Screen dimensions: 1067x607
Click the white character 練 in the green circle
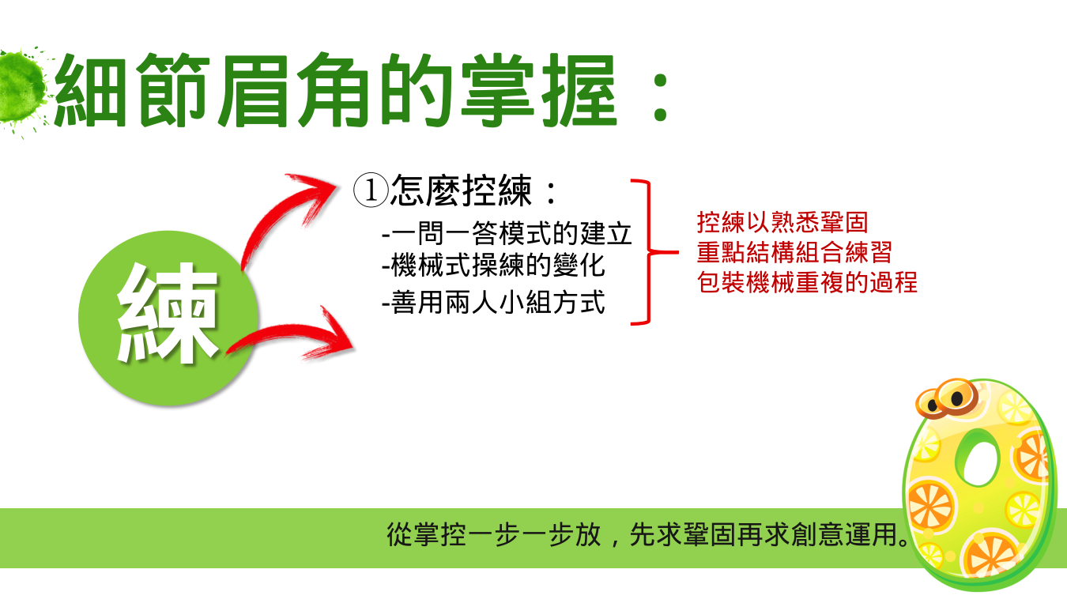167,312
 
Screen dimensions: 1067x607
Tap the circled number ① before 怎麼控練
371,190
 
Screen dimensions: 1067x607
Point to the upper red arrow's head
315,195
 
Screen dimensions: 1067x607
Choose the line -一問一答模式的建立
507,233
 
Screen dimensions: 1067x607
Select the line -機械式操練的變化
493,266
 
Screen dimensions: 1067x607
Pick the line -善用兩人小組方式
493,302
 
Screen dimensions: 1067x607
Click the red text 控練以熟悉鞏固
782,222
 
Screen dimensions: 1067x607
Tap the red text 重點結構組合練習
794,252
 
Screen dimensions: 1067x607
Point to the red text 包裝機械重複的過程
807,282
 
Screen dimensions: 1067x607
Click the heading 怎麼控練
461,190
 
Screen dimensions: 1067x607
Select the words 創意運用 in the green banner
844,535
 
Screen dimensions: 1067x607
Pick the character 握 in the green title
579,91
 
